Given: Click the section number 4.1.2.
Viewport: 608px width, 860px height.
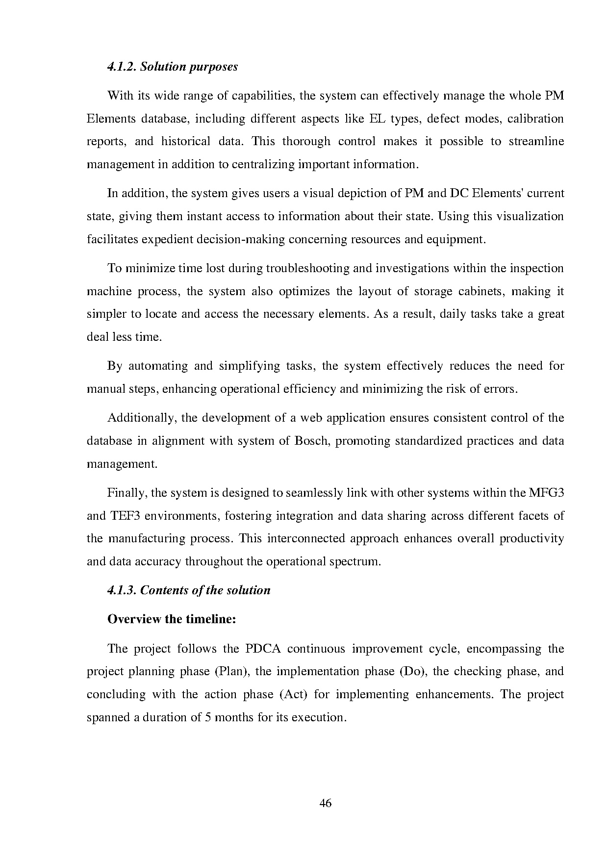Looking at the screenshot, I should coord(122,67).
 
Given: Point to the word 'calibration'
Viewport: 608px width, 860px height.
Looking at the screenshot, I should coord(535,119).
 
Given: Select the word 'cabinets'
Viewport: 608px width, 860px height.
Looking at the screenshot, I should coord(479,292).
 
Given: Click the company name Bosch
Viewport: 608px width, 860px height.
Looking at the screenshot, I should coord(307,441).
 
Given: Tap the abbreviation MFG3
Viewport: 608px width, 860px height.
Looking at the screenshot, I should coord(546,493).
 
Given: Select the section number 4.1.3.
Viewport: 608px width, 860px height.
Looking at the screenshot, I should coord(122,590).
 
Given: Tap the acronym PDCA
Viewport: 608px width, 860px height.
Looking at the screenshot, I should coord(262,649).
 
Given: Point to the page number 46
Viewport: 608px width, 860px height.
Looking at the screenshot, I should coord(326,803).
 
